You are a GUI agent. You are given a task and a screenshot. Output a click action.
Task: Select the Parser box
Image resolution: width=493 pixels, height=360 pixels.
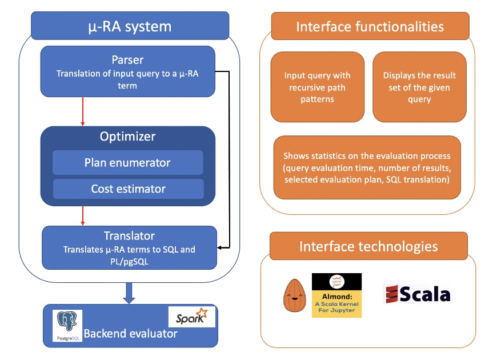[x=127, y=71]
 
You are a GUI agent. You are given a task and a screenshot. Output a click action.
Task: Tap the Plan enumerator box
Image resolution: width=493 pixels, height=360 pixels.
[x=127, y=163]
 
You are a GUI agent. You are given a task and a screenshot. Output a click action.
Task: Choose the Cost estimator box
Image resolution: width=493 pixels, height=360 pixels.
[x=128, y=189]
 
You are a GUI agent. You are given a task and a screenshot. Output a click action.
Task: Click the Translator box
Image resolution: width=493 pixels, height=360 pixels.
[x=129, y=247]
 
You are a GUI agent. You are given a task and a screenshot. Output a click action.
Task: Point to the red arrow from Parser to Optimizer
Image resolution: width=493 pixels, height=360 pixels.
[x=83, y=111]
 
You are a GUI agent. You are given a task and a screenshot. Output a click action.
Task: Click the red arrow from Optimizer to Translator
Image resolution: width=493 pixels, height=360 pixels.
[x=83, y=216]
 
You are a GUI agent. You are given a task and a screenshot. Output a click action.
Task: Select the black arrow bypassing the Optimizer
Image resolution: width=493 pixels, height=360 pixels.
[x=229, y=160]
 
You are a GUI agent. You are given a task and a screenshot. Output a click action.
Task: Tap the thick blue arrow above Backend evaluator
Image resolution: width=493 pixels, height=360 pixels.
[x=129, y=293]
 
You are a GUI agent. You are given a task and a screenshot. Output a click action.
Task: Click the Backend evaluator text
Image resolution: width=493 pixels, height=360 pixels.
[x=131, y=333]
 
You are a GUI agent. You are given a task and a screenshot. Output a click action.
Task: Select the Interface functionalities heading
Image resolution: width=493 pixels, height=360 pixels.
[x=370, y=26]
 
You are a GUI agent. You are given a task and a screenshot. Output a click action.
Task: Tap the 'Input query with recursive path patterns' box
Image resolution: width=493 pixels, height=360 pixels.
[x=317, y=87]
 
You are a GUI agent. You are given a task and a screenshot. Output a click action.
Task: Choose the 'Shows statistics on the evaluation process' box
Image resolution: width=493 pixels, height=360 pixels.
[x=367, y=168]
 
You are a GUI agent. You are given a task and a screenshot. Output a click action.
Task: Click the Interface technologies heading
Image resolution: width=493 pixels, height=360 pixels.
[x=368, y=247]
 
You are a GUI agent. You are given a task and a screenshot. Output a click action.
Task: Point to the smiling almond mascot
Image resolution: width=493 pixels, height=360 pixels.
[x=295, y=295]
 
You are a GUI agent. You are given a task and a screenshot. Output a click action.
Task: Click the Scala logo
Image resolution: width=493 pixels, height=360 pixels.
[x=416, y=295]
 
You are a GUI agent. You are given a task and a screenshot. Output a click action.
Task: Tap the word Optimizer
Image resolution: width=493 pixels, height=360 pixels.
[x=127, y=137]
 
